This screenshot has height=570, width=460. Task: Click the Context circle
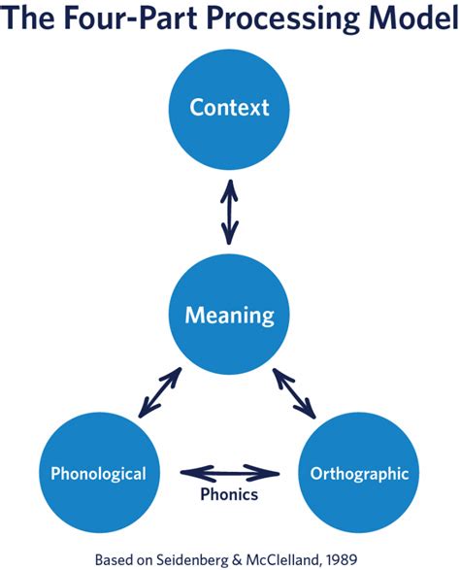229,107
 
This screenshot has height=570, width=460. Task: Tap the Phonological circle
99,474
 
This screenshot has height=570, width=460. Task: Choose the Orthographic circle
359,474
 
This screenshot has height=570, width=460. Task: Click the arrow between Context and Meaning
229,211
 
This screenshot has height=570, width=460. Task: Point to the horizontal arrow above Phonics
230,473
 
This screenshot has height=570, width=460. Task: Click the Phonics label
230,495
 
